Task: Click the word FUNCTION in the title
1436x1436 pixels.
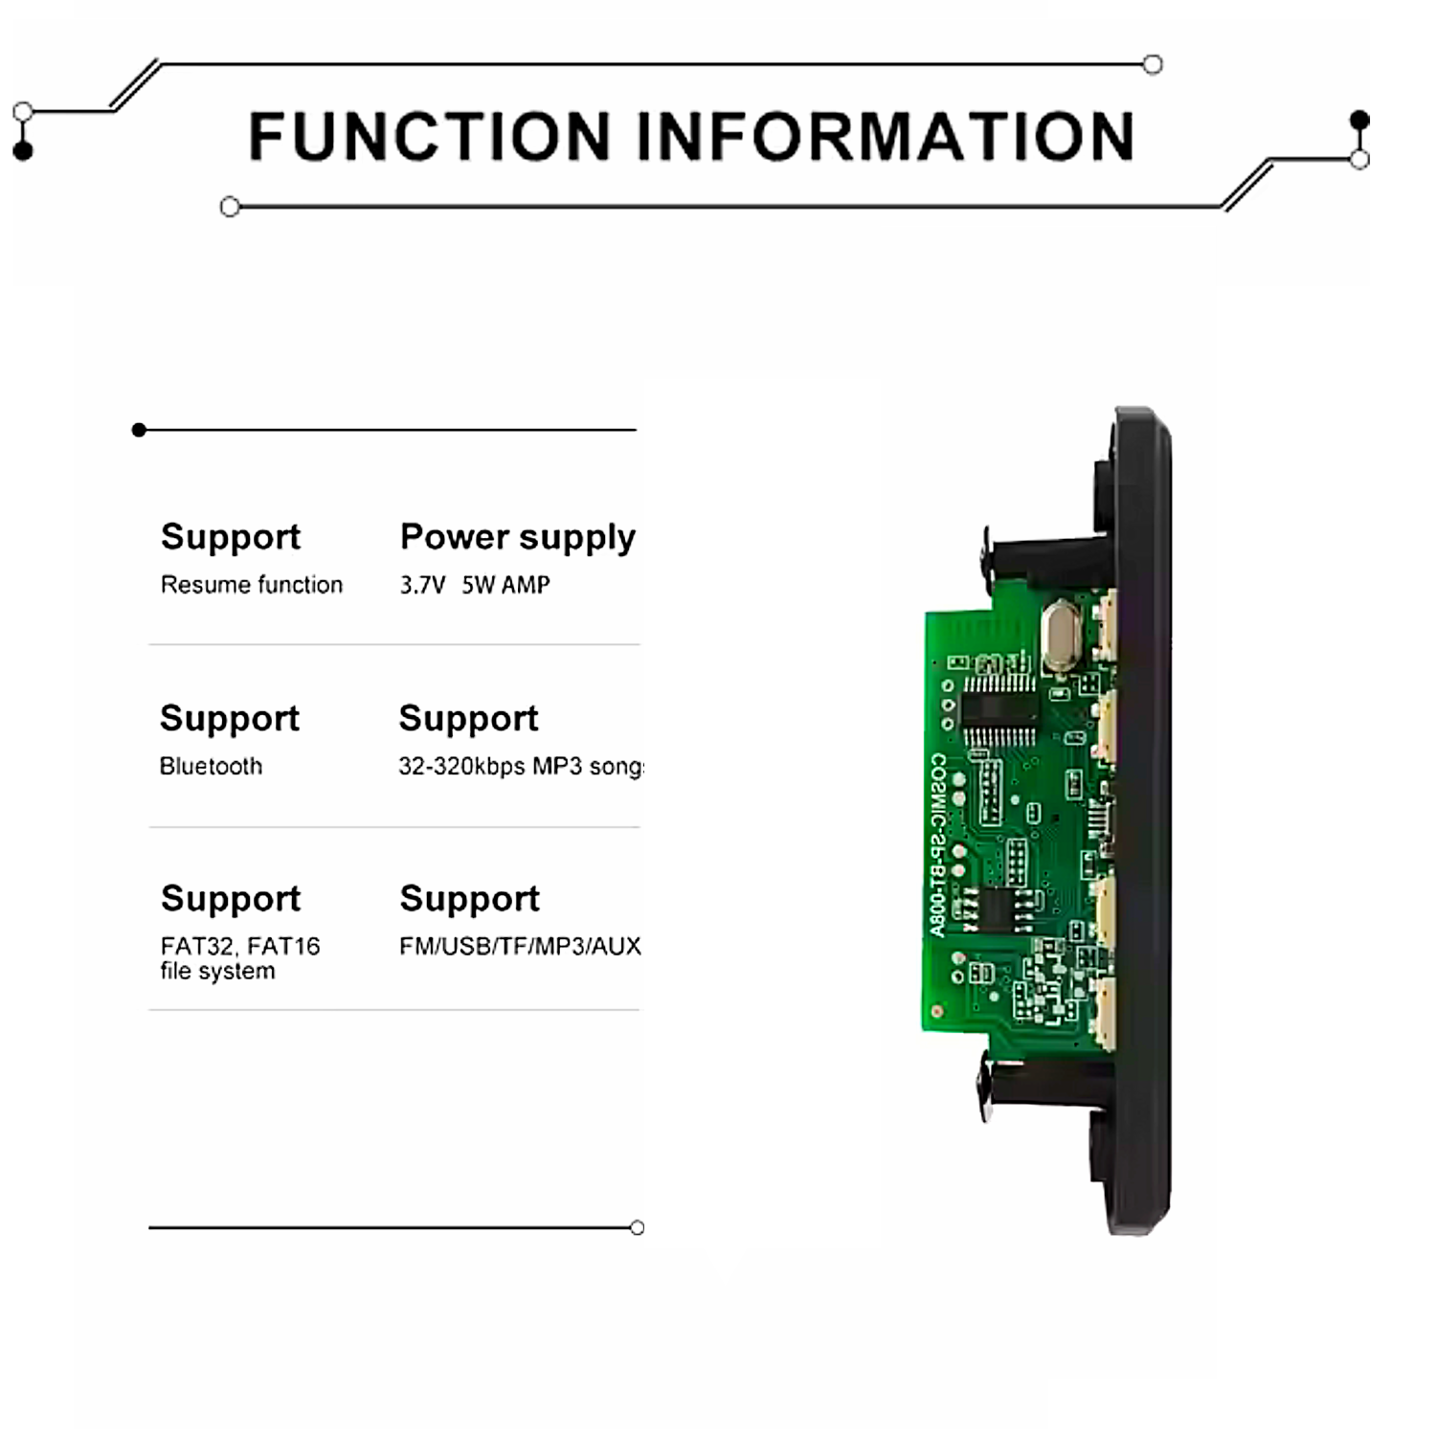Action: (430, 136)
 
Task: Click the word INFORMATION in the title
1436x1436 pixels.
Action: (886, 136)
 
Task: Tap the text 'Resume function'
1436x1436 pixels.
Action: (251, 585)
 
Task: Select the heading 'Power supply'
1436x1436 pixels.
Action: (517, 537)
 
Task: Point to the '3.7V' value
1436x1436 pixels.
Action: (422, 585)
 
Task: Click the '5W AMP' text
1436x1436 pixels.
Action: (505, 585)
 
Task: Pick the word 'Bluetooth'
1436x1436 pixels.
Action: (211, 767)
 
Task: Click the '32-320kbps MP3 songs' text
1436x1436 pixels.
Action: (521, 767)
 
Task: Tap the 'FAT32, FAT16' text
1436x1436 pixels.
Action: (240, 946)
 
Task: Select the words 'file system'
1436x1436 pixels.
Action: (217, 971)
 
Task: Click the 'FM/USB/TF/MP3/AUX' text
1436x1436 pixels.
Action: (520, 946)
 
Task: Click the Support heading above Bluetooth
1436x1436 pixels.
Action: (230, 718)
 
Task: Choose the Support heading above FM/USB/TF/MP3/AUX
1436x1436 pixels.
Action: (469, 898)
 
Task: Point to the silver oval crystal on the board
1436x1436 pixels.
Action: (1060, 634)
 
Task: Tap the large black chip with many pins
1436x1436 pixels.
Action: (998, 708)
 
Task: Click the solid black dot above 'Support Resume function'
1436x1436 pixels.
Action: (140, 430)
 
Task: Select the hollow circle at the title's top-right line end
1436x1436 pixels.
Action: (1153, 65)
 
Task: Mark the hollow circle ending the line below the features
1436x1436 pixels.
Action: (638, 1227)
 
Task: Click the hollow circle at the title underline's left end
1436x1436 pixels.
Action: (230, 207)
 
